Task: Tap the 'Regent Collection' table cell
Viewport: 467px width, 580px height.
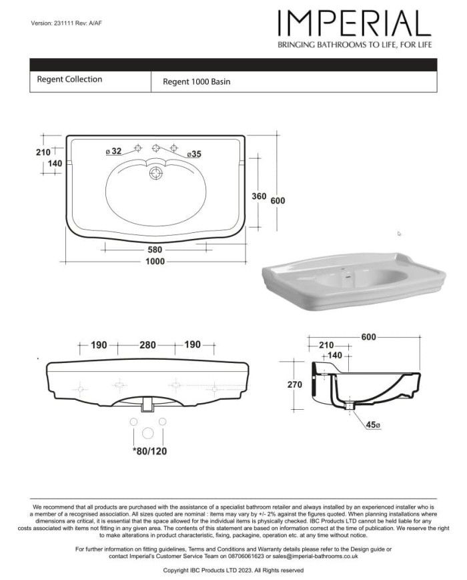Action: tap(70, 79)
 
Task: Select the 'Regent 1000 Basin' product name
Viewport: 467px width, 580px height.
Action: tap(197, 82)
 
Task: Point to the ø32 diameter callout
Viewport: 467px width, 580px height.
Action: tap(113, 152)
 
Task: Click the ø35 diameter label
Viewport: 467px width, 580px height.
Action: tap(193, 154)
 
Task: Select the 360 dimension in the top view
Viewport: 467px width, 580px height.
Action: tap(259, 196)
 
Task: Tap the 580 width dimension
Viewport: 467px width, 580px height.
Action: tap(155, 250)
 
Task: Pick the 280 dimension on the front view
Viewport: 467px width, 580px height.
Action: tap(147, 345)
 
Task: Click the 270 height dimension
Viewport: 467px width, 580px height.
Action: tap(294, 384)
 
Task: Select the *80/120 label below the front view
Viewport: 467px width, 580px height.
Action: tap(149, 451)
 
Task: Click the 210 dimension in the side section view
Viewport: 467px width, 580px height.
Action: tap(326, 345)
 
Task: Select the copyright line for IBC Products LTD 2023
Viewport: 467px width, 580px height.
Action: tap(233, 571)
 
